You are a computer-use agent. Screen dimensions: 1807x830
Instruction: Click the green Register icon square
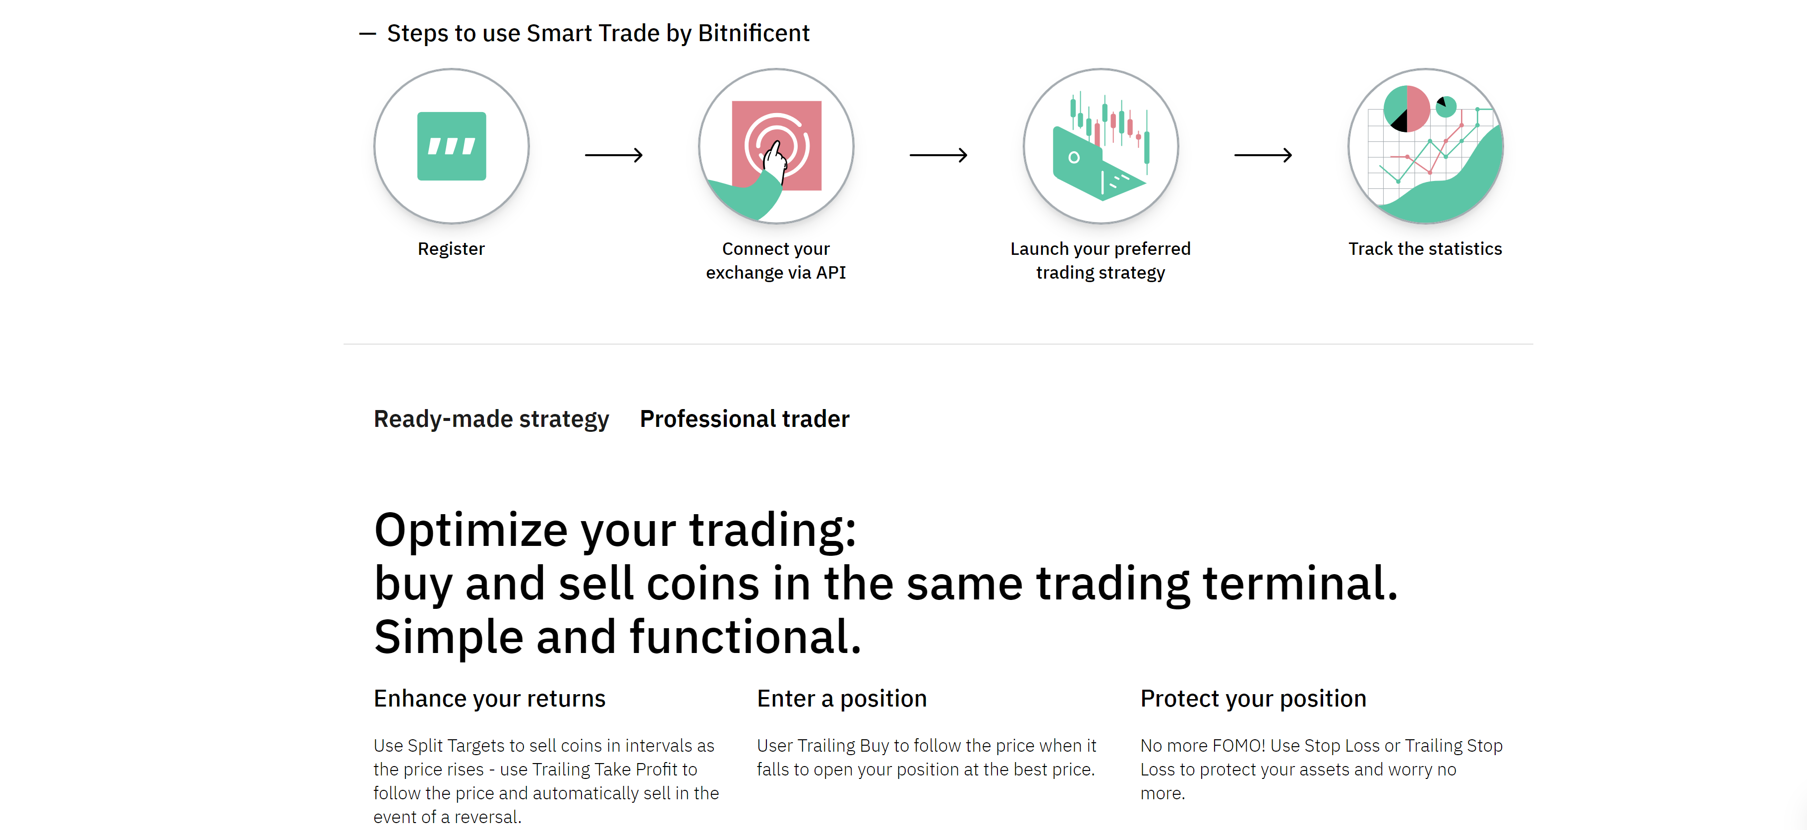point(451,146)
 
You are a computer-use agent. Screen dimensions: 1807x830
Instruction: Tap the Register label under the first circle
point(451,249)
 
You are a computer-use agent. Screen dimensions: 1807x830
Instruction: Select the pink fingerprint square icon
point(776,145)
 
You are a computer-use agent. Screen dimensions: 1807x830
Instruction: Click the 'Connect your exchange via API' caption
point(776,261)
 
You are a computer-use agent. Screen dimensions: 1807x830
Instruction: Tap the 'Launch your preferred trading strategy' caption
point(1101,261)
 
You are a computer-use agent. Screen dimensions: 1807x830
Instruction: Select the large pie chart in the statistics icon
point(1406,109)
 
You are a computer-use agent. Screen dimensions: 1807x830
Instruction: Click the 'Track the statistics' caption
point(1425,249)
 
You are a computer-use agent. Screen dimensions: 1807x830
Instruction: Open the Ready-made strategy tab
point(491,419)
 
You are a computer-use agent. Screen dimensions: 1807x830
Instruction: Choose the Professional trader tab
point(744,419)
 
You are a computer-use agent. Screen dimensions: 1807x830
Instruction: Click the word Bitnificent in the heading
point(754,33)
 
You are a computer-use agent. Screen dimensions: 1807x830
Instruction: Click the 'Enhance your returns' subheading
point(489,699)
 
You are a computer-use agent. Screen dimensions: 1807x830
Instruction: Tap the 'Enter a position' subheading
point(842,699)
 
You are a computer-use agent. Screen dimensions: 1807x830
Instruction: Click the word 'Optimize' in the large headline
point(470,531)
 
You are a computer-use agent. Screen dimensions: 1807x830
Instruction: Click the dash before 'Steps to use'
point(367,33)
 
